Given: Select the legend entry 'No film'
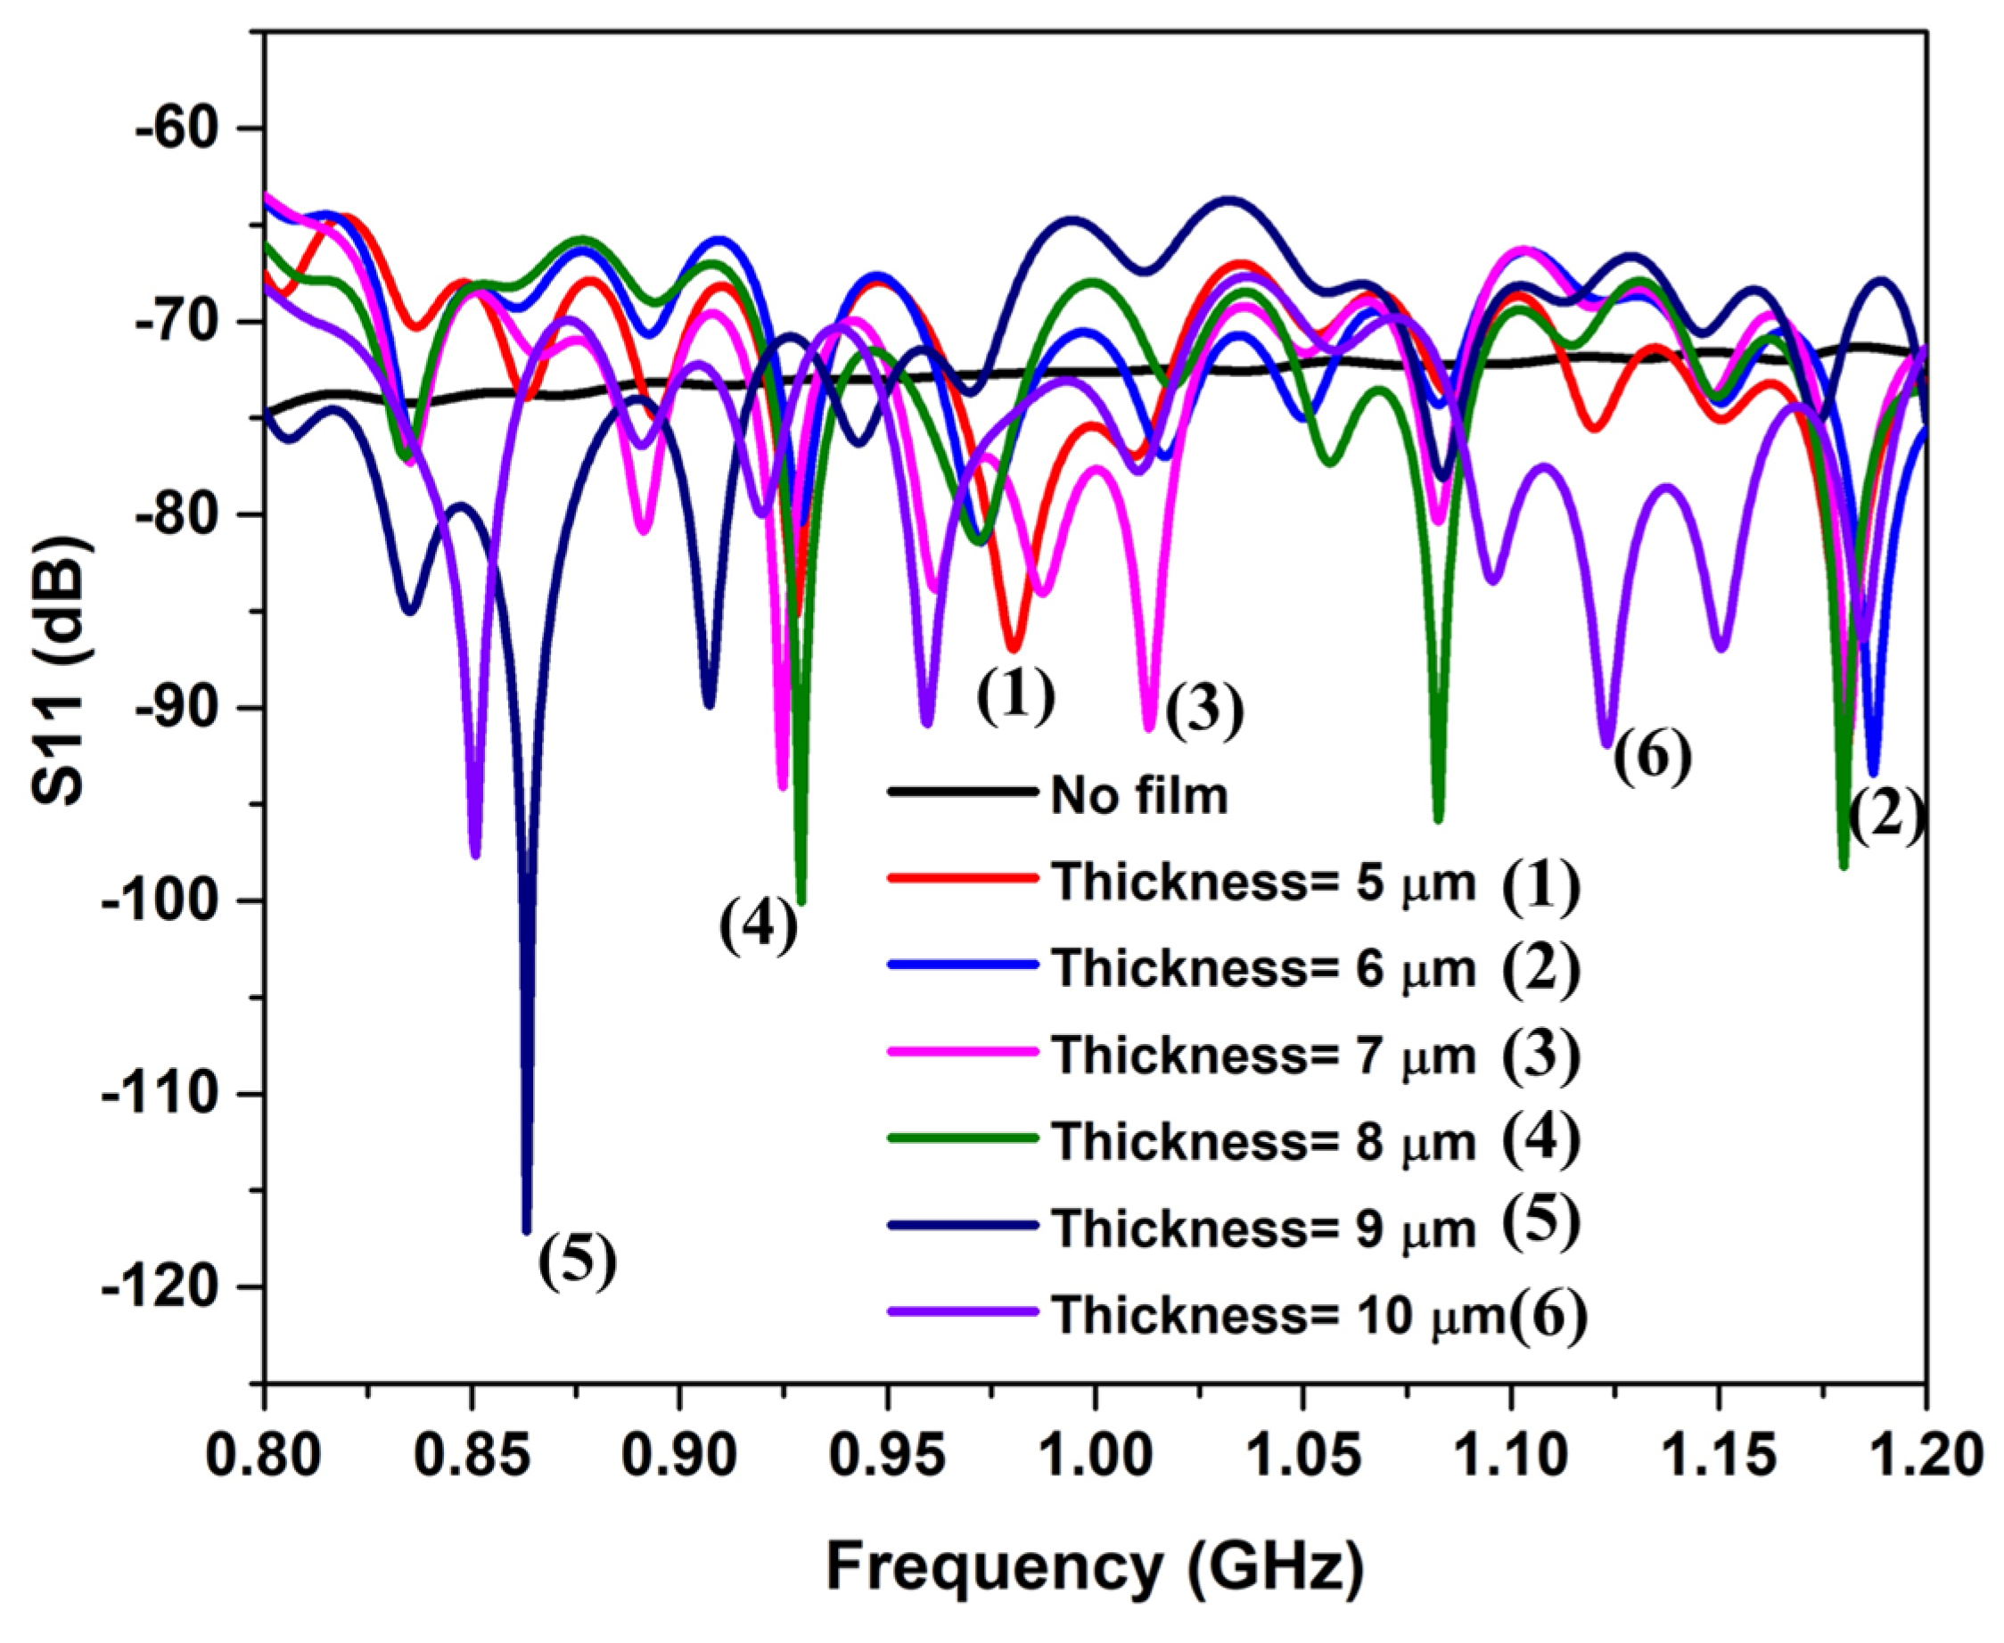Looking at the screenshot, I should click(x=1139, y=795).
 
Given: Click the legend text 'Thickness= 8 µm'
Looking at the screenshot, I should click(x=1264, y=1142).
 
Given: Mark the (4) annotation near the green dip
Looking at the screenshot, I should click(x=758, y=926).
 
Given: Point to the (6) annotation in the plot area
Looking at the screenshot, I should click(x=1652, y=757).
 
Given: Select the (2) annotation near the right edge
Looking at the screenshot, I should click(x=1886, y=817).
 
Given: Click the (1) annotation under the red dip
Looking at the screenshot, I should click(x=1015, y=694).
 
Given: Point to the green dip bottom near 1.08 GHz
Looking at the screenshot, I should click(x=1438, y=819).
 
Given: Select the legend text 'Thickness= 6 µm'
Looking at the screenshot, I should click(x=1264, y=968).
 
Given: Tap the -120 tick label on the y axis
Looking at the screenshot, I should click(x=176, y=1287).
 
